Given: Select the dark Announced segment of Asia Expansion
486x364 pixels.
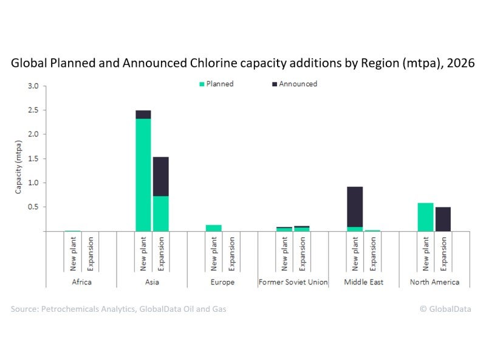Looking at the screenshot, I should [x=161, y=177].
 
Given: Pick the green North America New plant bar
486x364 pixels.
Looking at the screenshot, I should [x=426, y=217].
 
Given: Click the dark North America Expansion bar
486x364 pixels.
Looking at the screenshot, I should [x=443, y=219].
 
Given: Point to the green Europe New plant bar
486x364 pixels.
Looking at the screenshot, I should [x=214, y=227].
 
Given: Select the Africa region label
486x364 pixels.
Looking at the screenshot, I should [x=81, y=282].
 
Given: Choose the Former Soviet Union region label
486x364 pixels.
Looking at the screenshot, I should [x=293, y=282].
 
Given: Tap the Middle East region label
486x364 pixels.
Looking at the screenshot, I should [x=364, y=282].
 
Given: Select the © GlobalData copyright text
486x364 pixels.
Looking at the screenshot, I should [x=445, y=309].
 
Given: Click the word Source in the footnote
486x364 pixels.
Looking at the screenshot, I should [x=25, y=309].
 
